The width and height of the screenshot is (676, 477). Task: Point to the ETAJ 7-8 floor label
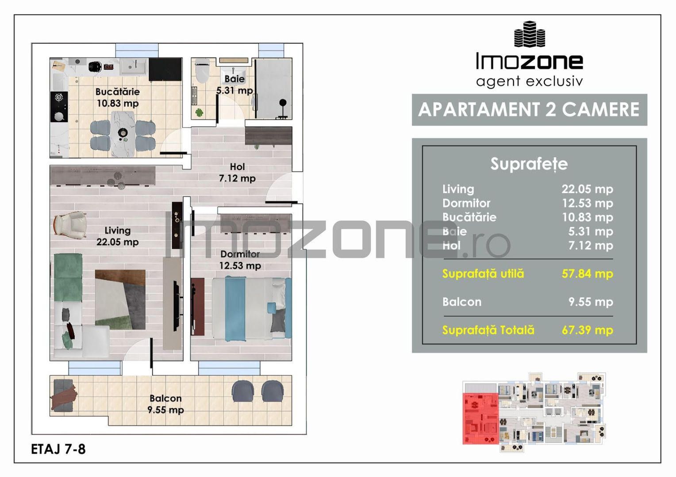(58, 449)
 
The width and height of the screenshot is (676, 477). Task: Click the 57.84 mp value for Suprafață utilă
(587, 274)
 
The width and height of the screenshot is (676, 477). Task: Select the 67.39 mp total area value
(587, 330)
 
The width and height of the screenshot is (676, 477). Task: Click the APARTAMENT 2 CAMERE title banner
(529, 110)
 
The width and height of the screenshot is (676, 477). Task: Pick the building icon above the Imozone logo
(530, 34)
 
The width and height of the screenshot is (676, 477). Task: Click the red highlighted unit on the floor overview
(480, 419)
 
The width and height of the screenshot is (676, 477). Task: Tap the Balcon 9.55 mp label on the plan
(165, 404)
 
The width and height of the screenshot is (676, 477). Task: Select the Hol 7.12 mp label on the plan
(237, 173)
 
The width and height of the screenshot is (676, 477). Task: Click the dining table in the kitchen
(123, 134)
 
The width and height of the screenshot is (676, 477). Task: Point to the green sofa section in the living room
(68, 277)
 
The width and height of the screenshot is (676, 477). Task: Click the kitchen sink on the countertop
(134, 66)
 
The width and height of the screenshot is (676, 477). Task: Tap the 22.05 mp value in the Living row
(587, 189)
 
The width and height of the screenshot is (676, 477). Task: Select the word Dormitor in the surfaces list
(466, 204)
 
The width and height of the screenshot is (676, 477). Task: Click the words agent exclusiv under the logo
(529, 81)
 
